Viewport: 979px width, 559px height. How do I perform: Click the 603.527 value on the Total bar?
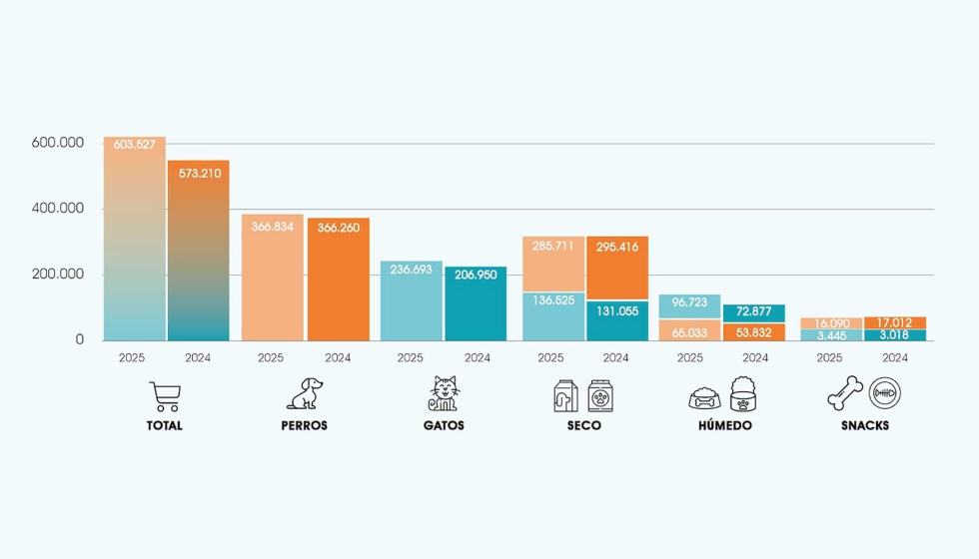point(134,145)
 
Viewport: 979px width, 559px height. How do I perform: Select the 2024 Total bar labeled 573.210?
point(199,251)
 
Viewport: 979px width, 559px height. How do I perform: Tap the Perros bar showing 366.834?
point(272,278)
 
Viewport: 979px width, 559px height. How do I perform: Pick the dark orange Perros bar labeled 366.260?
point(339,279)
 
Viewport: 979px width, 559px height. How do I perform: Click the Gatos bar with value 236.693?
point(412,300)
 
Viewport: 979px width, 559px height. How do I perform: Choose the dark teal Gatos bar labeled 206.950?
point(476,303)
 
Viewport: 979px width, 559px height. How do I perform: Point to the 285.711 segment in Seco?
point(553,264)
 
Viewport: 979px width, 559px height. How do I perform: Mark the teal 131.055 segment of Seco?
point(617,320)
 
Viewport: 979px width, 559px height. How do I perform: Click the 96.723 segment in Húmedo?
point(689,306)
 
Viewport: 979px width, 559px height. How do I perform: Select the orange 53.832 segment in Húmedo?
point(753,331)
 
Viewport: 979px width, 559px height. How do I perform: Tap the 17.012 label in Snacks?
point(894,322)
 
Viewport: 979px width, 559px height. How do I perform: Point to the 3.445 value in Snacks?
point(831,335)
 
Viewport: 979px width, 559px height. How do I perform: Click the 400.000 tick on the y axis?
point(58,209)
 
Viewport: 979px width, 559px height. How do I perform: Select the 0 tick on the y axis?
point(79,340)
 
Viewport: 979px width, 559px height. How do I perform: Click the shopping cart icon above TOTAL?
point(165,396)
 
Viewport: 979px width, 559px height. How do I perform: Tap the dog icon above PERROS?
point(305,393)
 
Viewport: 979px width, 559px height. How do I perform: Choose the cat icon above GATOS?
point(444,393)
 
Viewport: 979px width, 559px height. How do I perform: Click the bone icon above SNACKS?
point(845,393)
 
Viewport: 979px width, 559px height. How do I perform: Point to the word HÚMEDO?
point(725,425)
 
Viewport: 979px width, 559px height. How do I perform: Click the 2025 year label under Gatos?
point(411,357)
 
